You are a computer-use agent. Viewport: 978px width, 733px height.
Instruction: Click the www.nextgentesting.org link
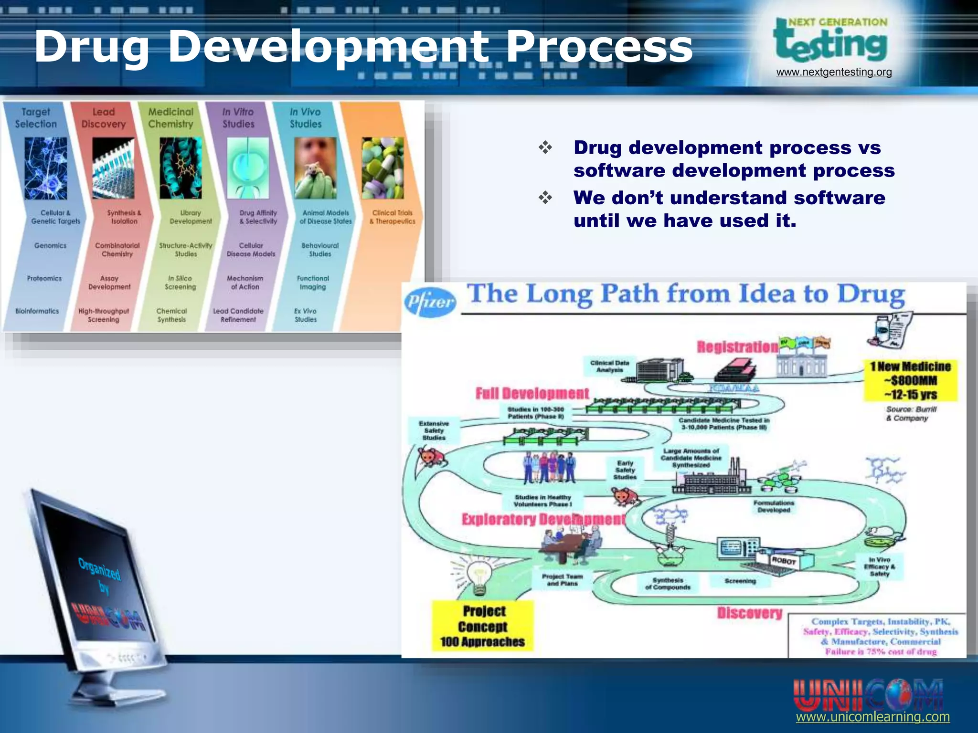coord(834,72)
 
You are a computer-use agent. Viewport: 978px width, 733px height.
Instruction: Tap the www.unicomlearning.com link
coord(872,717)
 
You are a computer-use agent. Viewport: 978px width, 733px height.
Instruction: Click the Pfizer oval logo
coord(430,302)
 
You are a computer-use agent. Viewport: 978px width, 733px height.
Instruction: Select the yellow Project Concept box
coord(482,626)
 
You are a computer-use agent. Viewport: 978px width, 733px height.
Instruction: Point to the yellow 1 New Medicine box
coord(910,380)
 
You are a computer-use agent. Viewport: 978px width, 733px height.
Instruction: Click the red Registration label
coord(737,347)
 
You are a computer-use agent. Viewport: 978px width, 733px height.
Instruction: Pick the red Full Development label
coord(532,394)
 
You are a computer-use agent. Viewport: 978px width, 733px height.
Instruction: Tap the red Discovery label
coord(750,613)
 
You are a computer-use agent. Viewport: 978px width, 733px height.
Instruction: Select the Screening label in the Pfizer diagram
coord(740,581)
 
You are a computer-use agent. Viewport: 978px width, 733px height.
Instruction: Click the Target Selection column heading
coord(36,118)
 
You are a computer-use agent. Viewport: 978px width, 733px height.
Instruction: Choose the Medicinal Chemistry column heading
coord(170,118)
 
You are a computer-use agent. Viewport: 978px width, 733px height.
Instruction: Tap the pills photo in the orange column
coord(383,168)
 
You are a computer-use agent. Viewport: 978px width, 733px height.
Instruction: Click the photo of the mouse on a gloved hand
coord(315,168)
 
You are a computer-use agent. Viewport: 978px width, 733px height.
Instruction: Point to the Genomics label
coord(50,245)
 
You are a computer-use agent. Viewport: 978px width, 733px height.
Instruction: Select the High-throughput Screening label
coord(104,315)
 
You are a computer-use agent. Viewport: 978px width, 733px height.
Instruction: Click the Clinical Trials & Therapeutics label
coord(392,217)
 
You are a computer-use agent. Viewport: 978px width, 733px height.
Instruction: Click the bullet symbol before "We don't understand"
coord(545,197)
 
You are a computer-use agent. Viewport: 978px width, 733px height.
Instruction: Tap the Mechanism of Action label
coord(245,283)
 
